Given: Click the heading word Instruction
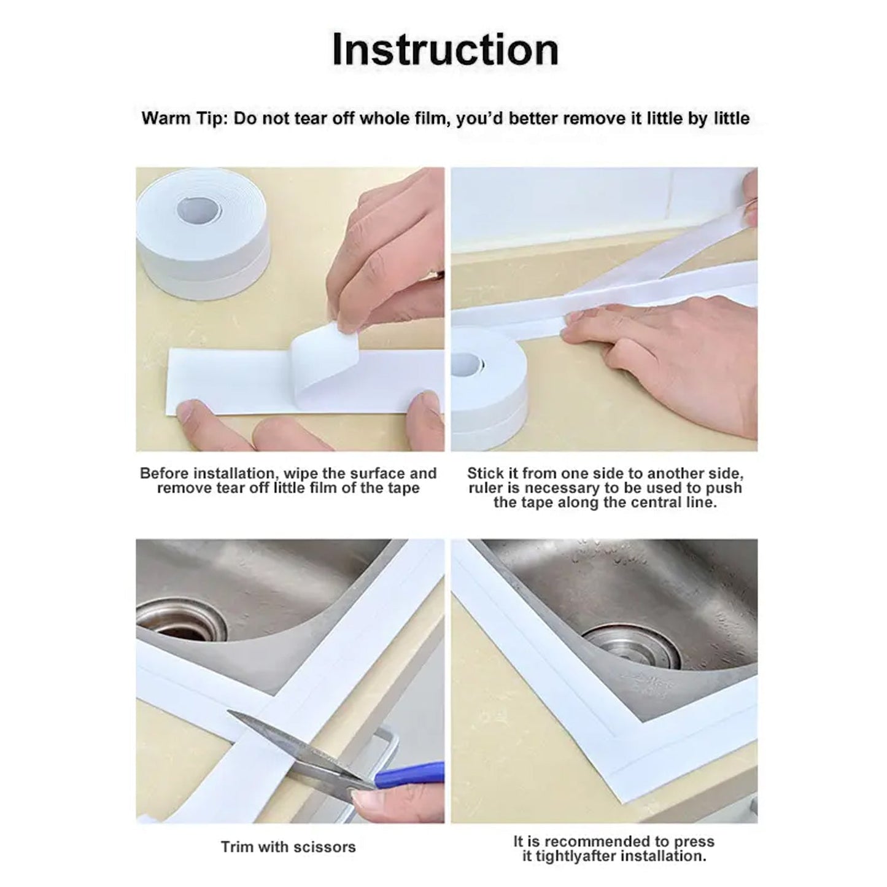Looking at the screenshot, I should (x=445, y=50).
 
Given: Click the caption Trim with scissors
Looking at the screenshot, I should (x=288, y=847).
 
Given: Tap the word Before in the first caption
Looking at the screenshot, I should (x=164, y=473).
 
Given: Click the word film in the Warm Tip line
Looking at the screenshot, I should (x=428, y=118).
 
